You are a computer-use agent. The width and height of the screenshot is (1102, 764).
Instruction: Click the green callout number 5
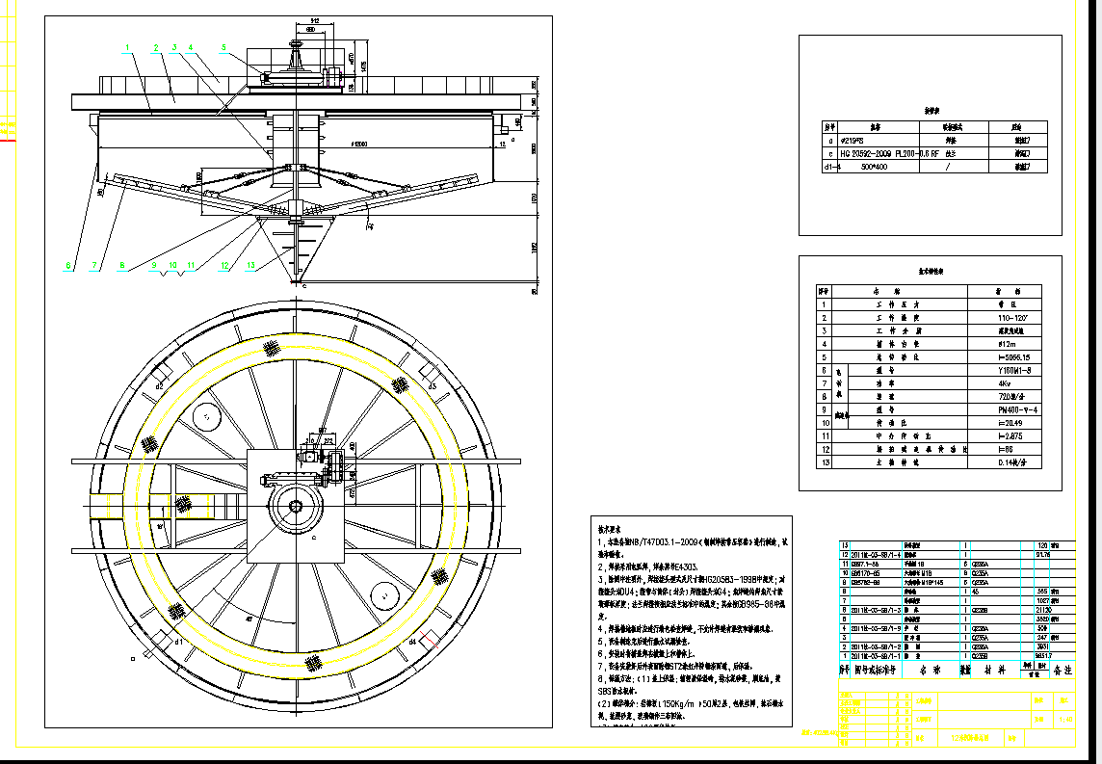tap(223, 47)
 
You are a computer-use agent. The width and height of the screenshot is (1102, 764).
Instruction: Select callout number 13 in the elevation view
tap(250, 264)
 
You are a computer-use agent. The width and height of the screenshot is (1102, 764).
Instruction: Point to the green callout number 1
tap(126, 46)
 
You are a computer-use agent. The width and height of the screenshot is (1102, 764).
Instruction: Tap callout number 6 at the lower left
tap(68, 264)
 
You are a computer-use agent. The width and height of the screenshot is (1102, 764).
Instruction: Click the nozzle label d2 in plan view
tap(161, 385)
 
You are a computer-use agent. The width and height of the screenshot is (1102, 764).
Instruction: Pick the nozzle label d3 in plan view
tap(433, 385)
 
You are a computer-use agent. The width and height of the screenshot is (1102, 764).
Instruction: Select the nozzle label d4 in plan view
tap(411, 640)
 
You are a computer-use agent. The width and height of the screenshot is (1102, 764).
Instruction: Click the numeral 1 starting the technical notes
tap(600, 542)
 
